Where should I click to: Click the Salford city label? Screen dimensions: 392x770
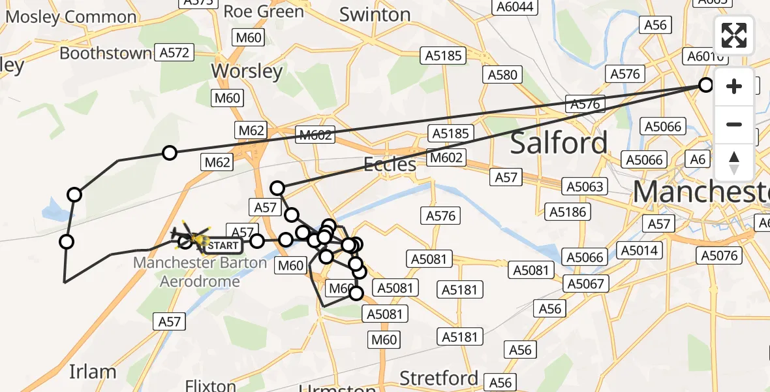click(559, 142)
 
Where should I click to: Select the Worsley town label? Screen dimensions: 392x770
click(247, 71)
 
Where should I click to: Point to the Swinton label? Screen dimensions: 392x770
click(375, 14)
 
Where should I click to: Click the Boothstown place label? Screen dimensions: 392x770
click(105, 53)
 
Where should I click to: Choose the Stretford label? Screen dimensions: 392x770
click(439, 378)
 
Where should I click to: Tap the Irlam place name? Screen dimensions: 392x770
click(93, 372)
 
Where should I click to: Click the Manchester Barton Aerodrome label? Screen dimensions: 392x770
click(200, 272)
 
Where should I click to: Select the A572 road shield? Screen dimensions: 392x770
click(176, 53)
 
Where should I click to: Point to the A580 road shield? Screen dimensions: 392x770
click(503, 74)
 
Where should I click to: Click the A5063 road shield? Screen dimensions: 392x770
click(584, 187)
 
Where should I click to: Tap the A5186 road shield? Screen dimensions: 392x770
click(568, 212)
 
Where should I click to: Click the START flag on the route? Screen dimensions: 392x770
click(223, 246)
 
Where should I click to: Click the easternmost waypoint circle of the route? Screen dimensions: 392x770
click(705, 84)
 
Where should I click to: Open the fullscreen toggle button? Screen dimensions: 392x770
click(734, 35)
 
